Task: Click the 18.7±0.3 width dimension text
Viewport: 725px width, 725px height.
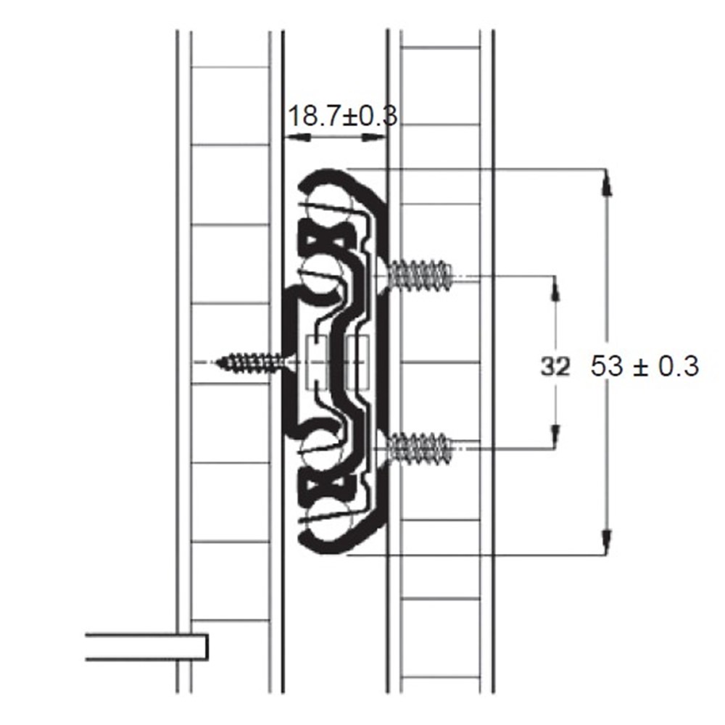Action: point(343,116)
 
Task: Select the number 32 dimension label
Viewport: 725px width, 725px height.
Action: point(555,367)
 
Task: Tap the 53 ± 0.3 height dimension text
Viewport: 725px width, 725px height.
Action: point(645,366)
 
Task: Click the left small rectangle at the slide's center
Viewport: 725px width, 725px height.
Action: point(316,362)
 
